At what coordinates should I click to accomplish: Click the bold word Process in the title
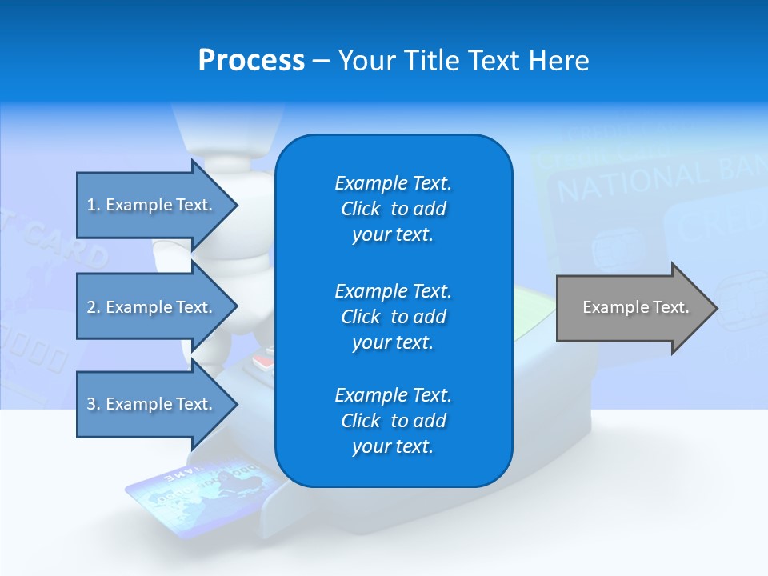(251, 61)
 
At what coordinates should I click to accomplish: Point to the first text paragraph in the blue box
(393, 209)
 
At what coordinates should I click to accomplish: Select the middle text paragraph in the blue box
(393, 317)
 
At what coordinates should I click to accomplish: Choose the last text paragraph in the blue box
(393, 421)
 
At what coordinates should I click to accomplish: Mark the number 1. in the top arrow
(94, 205)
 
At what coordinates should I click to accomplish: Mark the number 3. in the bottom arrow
(94, 404)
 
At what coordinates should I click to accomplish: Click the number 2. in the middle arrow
(94, 307)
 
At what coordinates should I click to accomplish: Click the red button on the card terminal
(262, 362)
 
